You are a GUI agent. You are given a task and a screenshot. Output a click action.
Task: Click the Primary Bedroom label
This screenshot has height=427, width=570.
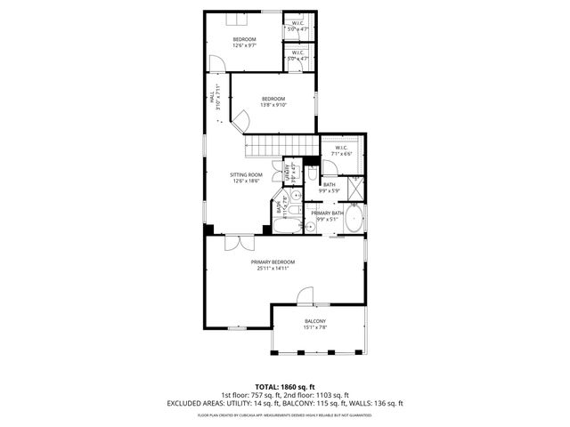(x=273, y=262)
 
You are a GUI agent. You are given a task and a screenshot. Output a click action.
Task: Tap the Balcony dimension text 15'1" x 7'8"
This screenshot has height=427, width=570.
(x=315, y=327)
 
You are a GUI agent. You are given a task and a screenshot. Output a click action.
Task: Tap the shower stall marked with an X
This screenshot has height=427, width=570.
(x=354, y=189)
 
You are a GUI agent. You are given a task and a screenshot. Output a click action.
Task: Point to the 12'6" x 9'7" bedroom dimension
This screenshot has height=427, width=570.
(x=245, y=45)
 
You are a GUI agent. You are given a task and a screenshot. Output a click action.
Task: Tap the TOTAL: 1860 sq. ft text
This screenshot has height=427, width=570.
(x=285, y=387)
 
